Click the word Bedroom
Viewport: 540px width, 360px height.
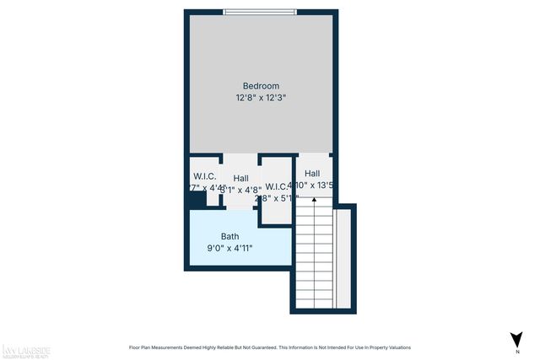261,86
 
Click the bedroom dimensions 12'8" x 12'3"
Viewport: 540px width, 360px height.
261,98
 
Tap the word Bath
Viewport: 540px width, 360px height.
230,237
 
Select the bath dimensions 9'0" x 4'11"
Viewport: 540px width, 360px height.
230,249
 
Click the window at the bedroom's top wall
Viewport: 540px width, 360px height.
260,12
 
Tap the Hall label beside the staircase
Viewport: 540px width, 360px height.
312,173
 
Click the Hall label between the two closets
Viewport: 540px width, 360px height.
241,178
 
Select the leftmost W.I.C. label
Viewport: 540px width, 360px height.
204,175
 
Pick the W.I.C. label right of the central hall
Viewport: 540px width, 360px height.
276,186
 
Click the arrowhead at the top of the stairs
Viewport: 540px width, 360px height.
314,200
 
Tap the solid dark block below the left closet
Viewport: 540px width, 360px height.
197,200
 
